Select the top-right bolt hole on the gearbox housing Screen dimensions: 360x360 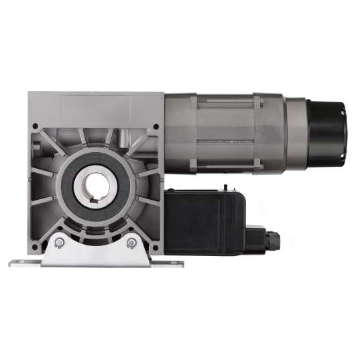[x=156, y=125]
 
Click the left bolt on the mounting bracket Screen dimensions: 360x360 [x=59, y=242]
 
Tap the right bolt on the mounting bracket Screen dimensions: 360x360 [x=131, y=242]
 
